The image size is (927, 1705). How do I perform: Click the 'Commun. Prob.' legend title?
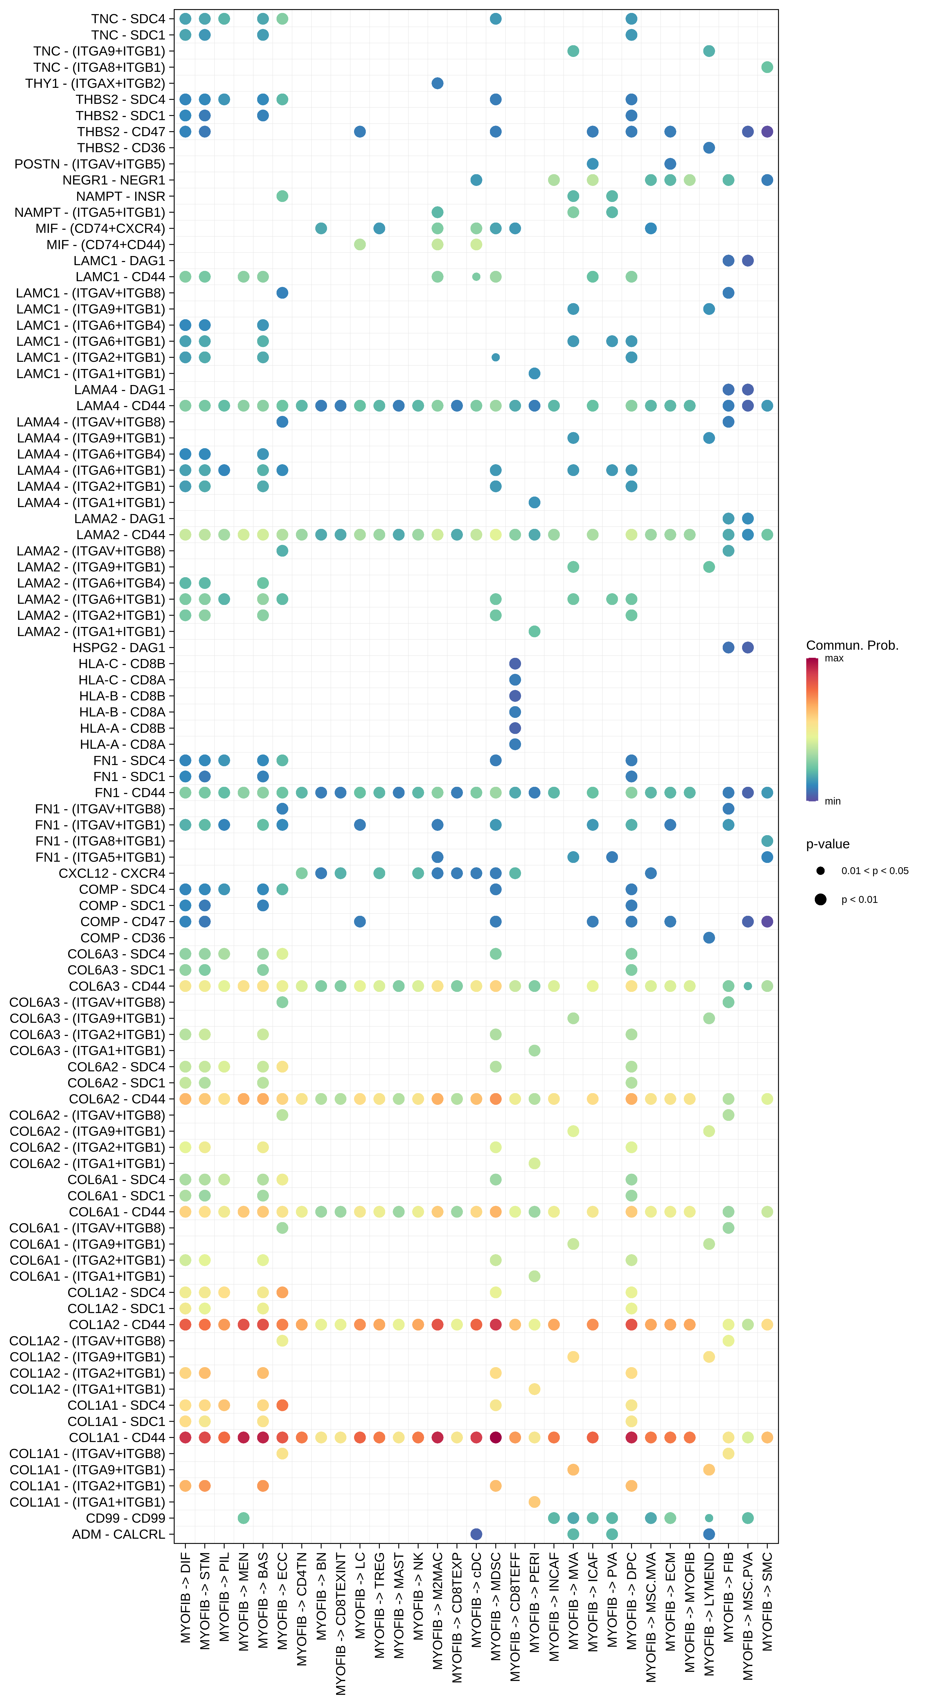point(852,645)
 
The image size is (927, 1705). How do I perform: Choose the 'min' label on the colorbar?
point(832,801)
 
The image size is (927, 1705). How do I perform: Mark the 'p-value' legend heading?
point(827,844)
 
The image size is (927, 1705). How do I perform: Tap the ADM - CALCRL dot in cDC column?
point(476,1534)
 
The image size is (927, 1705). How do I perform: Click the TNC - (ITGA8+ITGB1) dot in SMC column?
point(767,67)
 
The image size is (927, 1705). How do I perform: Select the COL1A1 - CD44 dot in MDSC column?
point(496,1438)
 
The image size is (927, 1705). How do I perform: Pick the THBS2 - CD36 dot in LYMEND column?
point(709,148)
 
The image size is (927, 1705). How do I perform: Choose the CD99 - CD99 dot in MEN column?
point(244,1518)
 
